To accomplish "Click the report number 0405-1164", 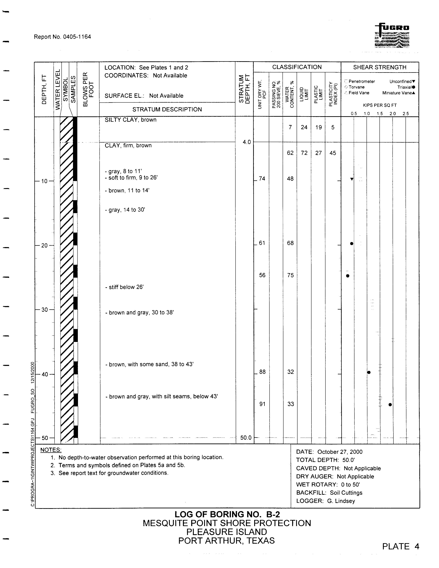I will [x=62, y=37].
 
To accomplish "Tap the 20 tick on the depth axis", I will [x=45, y=246].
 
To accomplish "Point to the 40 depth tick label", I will [x=45, y=374].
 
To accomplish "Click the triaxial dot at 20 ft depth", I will [x=352, y=243].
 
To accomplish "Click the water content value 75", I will [x=290, y=275].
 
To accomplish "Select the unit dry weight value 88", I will [x=262, y=372].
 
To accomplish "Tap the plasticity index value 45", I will [x=333, y=153].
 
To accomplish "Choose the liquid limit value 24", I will [x=304, y=127].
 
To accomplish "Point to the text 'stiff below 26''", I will [x=124, y=287].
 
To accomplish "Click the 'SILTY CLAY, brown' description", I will [x=130, y=120].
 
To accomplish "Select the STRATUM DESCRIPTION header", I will [x=167, y=109].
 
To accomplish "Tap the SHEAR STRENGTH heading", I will [x=380, y=67].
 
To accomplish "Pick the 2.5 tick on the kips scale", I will [x=405, y=114].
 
